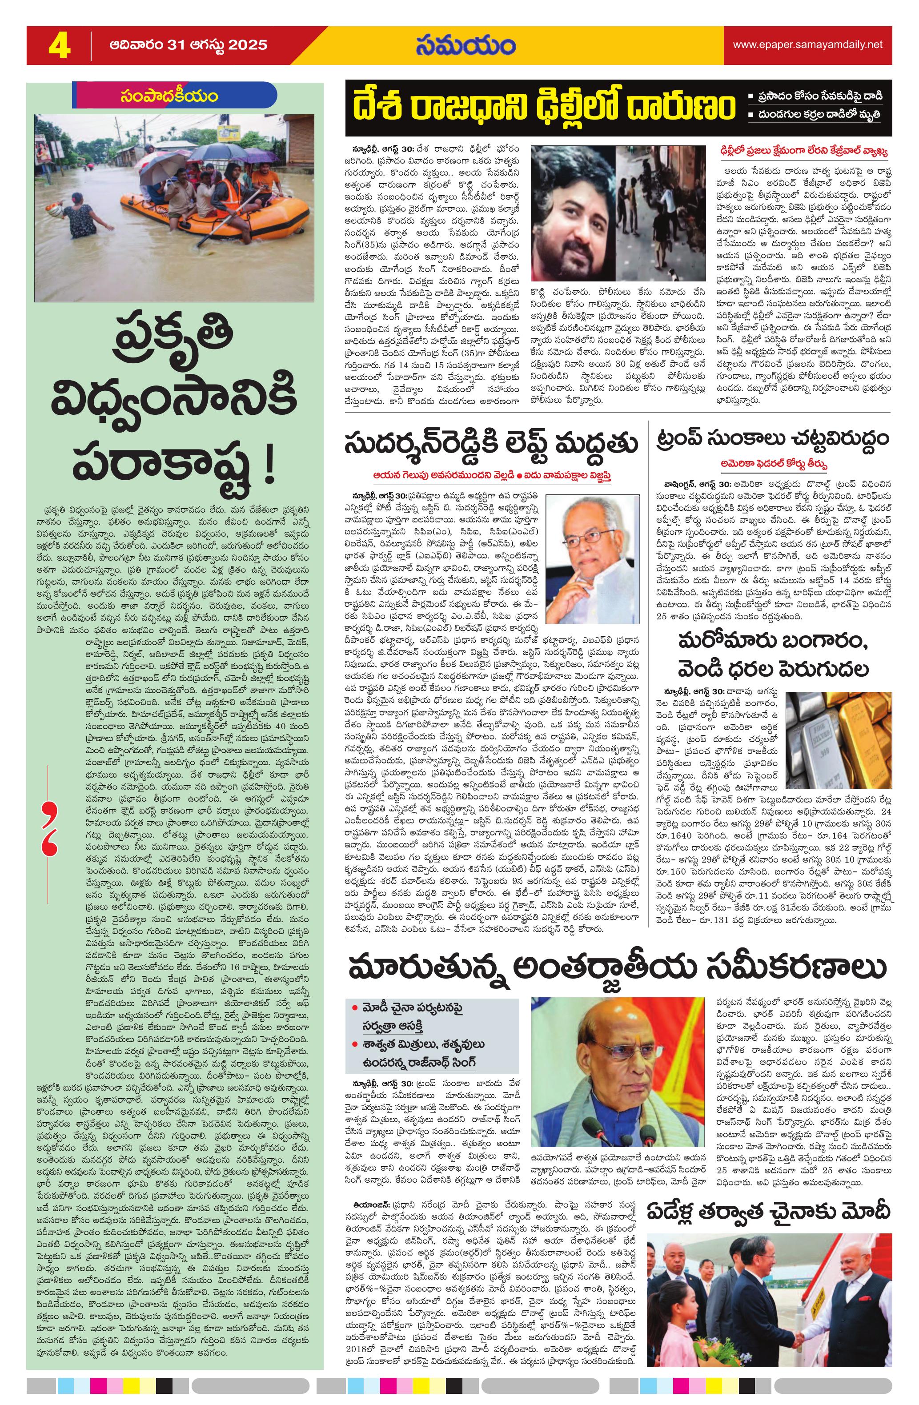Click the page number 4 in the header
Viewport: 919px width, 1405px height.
pos(59,45)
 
